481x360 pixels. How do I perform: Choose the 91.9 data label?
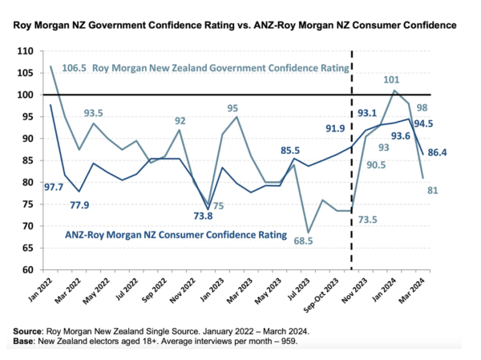pos(334,127)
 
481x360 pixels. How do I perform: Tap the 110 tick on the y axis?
pos(25,51)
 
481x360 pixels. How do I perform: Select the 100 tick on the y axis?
pos(25,95)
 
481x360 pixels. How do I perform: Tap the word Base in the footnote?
pos(26,342)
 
